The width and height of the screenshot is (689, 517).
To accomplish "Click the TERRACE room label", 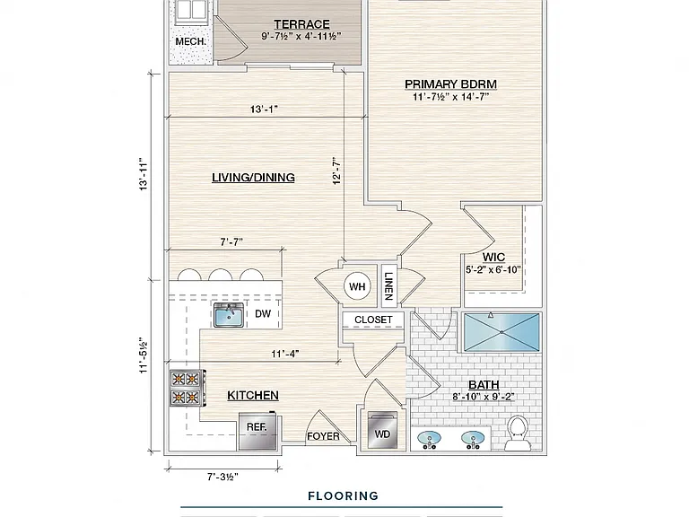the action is (301, 23).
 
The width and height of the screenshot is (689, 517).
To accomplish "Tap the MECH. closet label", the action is (190, 42).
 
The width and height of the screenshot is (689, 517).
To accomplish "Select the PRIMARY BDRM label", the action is (450, 84).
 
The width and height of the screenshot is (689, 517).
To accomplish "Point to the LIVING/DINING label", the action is (253, 177).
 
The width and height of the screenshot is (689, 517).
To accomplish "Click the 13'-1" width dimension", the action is (264, 109).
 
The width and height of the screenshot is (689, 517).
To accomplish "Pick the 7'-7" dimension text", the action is (231, 241).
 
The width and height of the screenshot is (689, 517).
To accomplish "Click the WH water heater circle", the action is (357, 286).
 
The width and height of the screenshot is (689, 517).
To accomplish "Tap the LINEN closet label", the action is (388, 286).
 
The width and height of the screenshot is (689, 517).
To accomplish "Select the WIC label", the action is (493, 258).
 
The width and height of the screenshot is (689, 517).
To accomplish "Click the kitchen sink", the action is (229, 315).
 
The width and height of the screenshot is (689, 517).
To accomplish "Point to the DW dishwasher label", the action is (263, 313).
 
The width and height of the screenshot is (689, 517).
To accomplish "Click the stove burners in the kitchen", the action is (185, 388).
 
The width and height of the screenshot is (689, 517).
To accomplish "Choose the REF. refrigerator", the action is (257, 431).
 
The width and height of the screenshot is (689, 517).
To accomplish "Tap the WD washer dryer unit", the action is (382, 430).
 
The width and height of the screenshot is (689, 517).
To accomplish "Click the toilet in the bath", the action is (517, 434).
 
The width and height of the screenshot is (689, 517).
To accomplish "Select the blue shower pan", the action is (501, 332).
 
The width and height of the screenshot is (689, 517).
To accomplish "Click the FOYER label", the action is (323, 436).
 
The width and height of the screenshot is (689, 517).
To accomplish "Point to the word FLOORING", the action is (344, 495).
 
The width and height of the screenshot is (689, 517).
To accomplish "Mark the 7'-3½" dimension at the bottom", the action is (222, 477).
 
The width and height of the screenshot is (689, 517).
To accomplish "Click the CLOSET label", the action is (373, 320).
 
